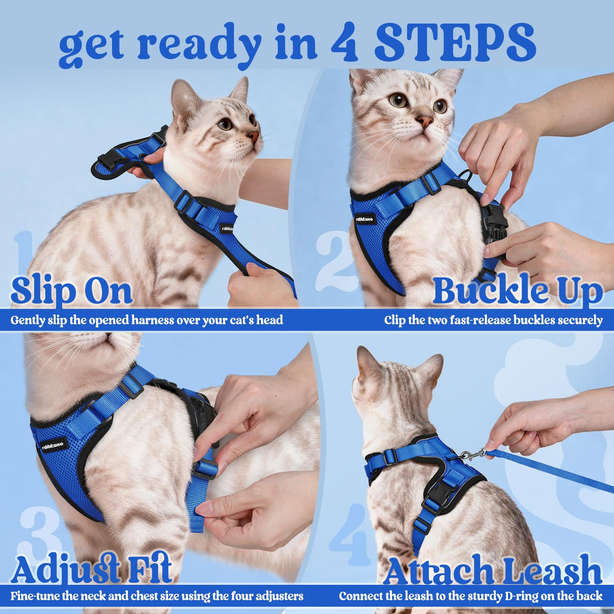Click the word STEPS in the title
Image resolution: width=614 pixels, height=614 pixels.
pyautogui.click(x=455, y=42)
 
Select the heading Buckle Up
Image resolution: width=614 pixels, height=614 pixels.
pyautogui.click(x=518, y=292)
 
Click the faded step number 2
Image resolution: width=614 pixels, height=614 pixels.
pyautogui.click(x=336, y=261)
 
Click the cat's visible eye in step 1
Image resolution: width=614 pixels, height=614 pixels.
pyautogui.click(x=225, y=124)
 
